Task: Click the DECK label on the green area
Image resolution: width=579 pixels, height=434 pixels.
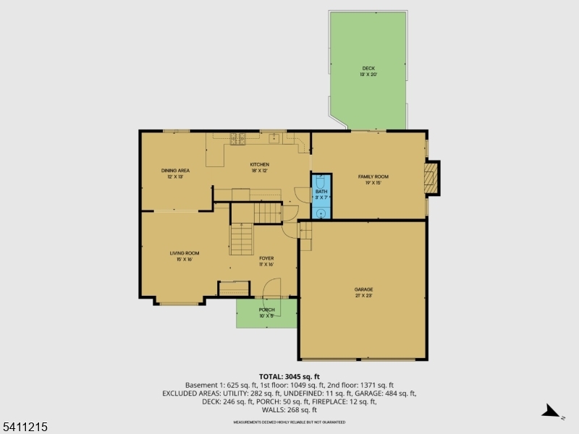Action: (x=369, y=68)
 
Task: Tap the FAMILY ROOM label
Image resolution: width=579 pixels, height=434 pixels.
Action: (x=373, y=176)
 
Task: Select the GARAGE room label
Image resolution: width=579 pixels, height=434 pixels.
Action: (x=364, y=289)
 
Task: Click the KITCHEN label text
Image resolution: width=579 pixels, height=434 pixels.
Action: (x=260, y=164)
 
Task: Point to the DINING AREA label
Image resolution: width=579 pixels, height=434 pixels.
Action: (x=175, y=170)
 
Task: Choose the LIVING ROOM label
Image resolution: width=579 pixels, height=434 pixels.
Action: (x=185, y=253)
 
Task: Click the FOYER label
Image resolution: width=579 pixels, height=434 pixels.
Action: (x=266, y=258)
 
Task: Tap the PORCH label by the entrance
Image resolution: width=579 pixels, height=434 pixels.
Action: (x=266, y=310)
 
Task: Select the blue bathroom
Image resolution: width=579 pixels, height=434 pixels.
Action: (x=321, y=195)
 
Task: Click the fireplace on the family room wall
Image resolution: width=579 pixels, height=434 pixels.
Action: (x=432, y=178)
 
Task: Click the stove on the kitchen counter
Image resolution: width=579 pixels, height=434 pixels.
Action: (x=237, y=139)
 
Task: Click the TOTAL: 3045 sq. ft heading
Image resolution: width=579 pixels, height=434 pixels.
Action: (x=289, y=377)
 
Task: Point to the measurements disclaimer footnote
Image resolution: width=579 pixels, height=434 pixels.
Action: (x=289, y=422)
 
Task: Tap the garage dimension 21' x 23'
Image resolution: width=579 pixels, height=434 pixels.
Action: (x=364, y=296)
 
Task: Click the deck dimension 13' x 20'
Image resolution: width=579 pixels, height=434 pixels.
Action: (x=369, y=75)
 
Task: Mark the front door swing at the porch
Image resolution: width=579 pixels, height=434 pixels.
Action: (x=271, y=288)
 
